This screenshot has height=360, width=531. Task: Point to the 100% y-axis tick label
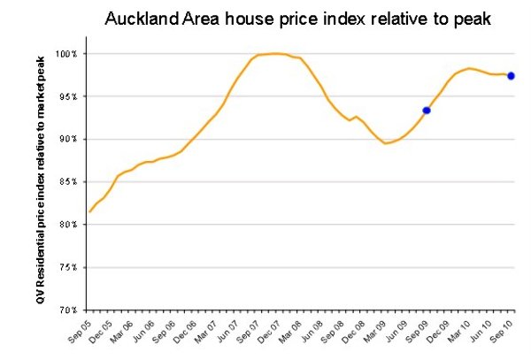[69, 54]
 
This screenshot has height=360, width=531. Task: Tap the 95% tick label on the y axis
[71, 96]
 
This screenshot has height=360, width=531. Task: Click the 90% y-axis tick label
[71, 139]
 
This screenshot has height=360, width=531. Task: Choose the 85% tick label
[71, 181]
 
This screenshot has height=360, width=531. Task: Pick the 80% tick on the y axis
[71, 224]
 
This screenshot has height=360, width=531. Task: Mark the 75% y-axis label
[71, 266]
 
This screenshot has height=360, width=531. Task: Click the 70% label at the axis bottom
[71, 310]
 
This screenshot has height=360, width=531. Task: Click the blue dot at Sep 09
[427, 111]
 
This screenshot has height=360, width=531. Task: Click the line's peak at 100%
[276, 53]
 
